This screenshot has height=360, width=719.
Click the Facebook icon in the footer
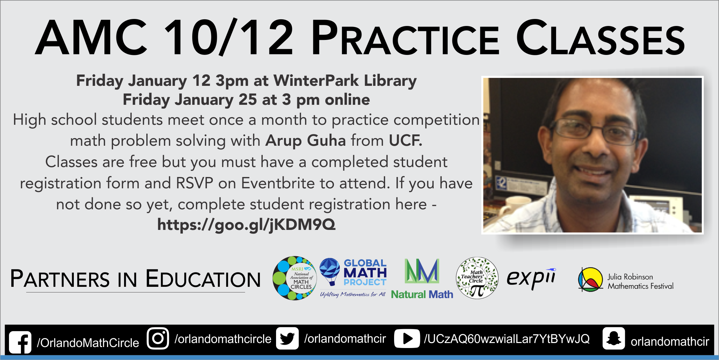pos(20,342)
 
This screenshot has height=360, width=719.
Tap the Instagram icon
pos(158,339)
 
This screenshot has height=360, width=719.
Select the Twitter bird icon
pos(287,339)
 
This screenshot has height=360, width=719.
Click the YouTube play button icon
pos(407,339)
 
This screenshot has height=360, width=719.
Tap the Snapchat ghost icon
pos(614,339)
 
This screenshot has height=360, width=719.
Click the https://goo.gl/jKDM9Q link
pos(246,225)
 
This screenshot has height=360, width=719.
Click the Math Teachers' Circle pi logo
pos(477,278)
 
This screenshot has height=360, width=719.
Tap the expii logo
pos(531,278)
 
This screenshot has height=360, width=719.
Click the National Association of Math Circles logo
pos(294,278)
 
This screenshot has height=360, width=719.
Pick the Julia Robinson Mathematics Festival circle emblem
pos(591,279)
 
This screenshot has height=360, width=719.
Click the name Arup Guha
pos(306,140)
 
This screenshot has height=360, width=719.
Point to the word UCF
pos(405,140)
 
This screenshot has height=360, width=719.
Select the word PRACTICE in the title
pos(405,38)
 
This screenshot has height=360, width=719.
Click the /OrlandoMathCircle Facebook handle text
pos(88,343)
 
